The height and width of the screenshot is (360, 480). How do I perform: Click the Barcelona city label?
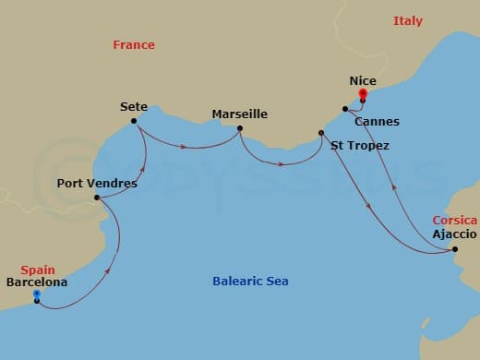coord(36,282)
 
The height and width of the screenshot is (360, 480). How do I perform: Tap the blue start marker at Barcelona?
coord(36,294)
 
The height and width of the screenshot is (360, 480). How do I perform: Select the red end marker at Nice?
coord(362,93)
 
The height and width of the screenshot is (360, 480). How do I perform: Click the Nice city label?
coord(363,81)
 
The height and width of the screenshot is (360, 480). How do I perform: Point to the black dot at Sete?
coord(135,121)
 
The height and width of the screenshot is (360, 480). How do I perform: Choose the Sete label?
coord(134,107)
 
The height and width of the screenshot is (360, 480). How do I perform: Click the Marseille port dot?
coord(240,128)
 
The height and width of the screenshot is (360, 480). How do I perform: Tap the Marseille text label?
coord(240,114)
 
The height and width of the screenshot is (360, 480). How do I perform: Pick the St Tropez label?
coord(359,146)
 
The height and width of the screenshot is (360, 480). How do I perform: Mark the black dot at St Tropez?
coord(321,133)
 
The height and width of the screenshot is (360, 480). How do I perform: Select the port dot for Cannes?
coord(344,110)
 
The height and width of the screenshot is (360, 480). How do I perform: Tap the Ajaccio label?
coord(454,234)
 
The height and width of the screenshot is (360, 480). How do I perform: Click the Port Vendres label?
coord(97,184)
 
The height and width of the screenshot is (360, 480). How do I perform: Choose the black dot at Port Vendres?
coord(97,197)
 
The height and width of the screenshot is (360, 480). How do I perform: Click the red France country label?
coord(134,44)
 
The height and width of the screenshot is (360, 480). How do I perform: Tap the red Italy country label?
coord(408,20)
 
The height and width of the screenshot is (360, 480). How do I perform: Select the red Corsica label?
coord(455,221)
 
